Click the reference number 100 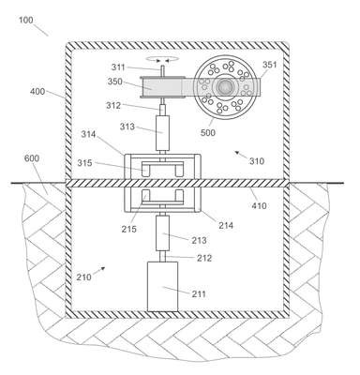[25, 21]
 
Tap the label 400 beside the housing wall [37, 92]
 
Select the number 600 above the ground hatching [32, 158]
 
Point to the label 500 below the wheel [208, 133]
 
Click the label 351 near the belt [269, 65]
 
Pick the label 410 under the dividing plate [259, 205]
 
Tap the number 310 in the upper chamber [257, 161]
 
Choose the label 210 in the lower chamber [84, 277]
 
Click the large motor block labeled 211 [162, 286]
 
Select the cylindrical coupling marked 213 [162, 233]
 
